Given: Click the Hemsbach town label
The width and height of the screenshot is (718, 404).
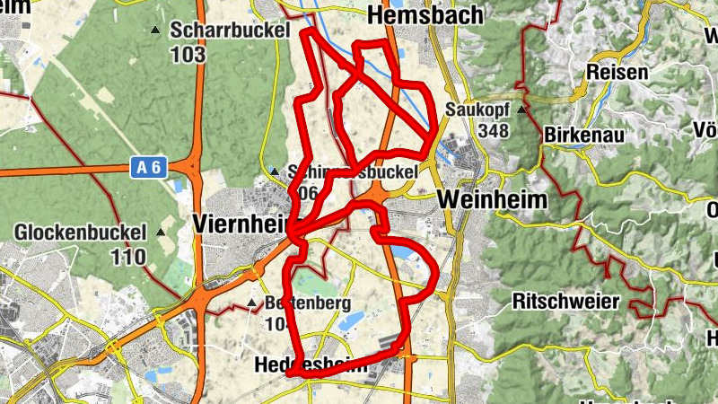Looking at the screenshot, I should [x=425, y=15].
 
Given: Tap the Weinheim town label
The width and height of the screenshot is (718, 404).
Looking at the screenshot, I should [x=494, y=199].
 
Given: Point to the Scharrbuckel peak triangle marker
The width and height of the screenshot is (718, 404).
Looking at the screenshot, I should [x=155, y=30].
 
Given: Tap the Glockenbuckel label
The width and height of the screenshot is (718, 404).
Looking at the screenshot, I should [x=80, y=233].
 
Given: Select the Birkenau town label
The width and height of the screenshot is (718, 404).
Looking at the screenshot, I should [x=583, y=134].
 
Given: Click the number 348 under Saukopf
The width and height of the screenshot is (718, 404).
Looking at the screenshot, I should [x=494, y=131].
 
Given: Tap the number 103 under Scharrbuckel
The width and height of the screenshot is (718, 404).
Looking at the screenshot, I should [x=188, y=54].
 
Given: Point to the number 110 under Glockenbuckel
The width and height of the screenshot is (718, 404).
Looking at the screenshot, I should [x=129, y=257].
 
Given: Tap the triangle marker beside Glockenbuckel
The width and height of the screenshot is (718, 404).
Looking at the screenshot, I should [x=161, y=233].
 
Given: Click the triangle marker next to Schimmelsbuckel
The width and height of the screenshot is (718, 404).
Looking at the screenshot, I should [x=274, y=171].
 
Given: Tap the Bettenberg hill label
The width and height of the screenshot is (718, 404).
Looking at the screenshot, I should [x=308, y=303].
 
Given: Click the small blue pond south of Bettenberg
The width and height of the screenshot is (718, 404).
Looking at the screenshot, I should [x=350, y=321].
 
